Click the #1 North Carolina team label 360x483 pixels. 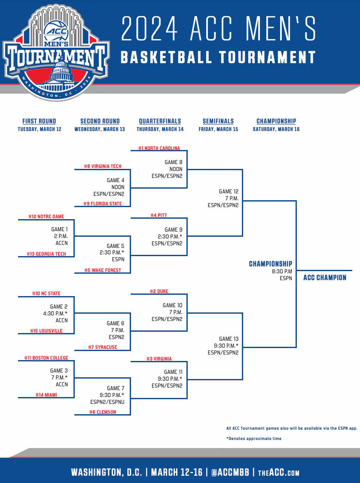tap(159, 148)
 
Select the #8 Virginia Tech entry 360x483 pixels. tap(103, 166)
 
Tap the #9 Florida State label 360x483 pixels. tap(103, 204)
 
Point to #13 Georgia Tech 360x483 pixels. tap(46, 254)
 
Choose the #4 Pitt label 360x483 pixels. tap(159, 215)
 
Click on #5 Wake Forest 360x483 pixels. tap(103, 270)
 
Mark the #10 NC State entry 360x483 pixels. tap(46, 293)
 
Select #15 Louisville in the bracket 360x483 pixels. tap(46, 331)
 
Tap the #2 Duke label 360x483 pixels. tap(159, 291)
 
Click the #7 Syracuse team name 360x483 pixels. tap(103, 347)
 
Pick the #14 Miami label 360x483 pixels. tap(46, 395)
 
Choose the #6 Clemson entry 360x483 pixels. tap(103, 412)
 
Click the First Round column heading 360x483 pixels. tap(39, 121)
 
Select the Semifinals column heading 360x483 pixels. tap(218, 121)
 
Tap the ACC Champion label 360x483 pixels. tap(325, 278)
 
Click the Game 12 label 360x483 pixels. tap(229, 192)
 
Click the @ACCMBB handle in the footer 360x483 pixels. tap(228, 472)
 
